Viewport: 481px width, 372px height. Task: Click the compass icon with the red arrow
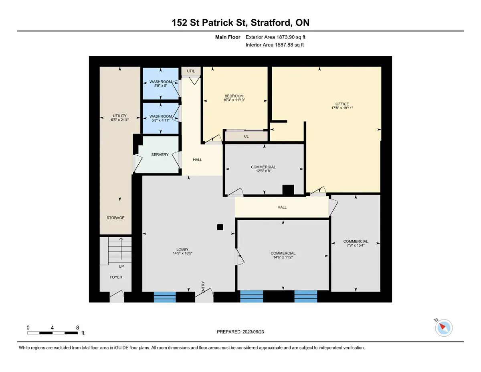coord(444,328)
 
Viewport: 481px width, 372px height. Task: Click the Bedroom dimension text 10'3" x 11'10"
coord(234,100)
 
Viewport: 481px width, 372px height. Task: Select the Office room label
coord(342,104)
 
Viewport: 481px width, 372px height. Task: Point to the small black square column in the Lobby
coord(220,227)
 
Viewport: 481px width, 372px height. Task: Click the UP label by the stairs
coord(121,266)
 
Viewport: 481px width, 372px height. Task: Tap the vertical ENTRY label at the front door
coord(203,287)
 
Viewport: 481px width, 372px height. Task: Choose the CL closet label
coord(247,136)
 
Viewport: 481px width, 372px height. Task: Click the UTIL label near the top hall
coord(191,71)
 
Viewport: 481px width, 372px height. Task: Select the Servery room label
coord(160,154)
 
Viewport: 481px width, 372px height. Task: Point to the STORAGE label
coord(115,218)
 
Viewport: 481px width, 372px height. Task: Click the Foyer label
coord(116,277)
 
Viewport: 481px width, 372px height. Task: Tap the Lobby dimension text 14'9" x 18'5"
coord(183,253)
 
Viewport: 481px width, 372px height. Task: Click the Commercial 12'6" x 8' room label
coord(263,167)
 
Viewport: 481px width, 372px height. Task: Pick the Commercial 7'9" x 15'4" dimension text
coord(356,245)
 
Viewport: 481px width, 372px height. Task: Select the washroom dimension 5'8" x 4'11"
coord(160,120)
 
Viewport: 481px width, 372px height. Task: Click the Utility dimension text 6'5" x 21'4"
coord(120,120)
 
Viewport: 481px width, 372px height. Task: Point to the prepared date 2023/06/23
coord(253,332)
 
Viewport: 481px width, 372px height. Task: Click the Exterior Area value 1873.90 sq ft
coord(291,37)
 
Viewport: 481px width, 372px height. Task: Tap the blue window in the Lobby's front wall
coord(165,297)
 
